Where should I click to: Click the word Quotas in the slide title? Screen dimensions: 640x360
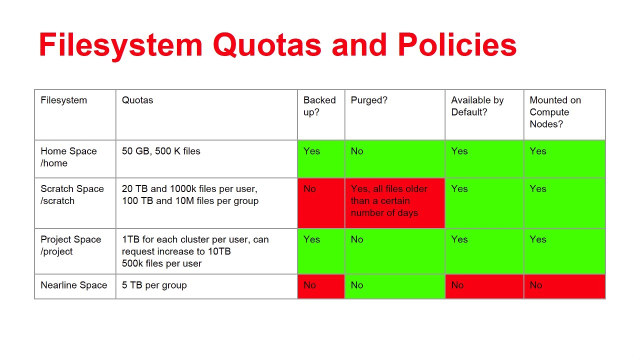[267, 45]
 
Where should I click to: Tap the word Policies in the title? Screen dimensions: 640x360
[457, 44]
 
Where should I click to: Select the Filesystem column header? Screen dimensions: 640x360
[63, 100]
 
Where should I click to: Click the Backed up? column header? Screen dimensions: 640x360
[319, 106]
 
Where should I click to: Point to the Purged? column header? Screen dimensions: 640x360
[369, 100]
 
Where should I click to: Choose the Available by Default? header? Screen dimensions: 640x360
[477, 106]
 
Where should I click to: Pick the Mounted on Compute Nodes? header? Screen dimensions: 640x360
[555, 112]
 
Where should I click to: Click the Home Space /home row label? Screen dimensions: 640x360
[68, 157]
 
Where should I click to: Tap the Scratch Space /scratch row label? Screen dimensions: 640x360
[72, 195]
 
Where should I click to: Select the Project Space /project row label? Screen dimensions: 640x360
[71, 245]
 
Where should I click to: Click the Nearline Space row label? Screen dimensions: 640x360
[73, 285]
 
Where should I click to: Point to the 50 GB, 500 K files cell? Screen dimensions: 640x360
[161, 151]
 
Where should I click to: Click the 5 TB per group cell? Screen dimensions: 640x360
[154, 285]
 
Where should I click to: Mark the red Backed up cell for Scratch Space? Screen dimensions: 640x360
[321, 203]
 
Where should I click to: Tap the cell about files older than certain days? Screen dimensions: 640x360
[395, 203]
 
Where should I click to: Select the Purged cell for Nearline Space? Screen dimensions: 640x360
[395, 286]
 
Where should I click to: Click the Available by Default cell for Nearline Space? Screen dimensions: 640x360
[484, 286]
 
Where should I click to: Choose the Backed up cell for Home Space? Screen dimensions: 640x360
[321, 159]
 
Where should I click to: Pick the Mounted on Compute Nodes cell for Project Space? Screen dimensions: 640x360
[564, 251]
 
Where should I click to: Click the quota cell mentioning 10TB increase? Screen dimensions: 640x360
[195, 251]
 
